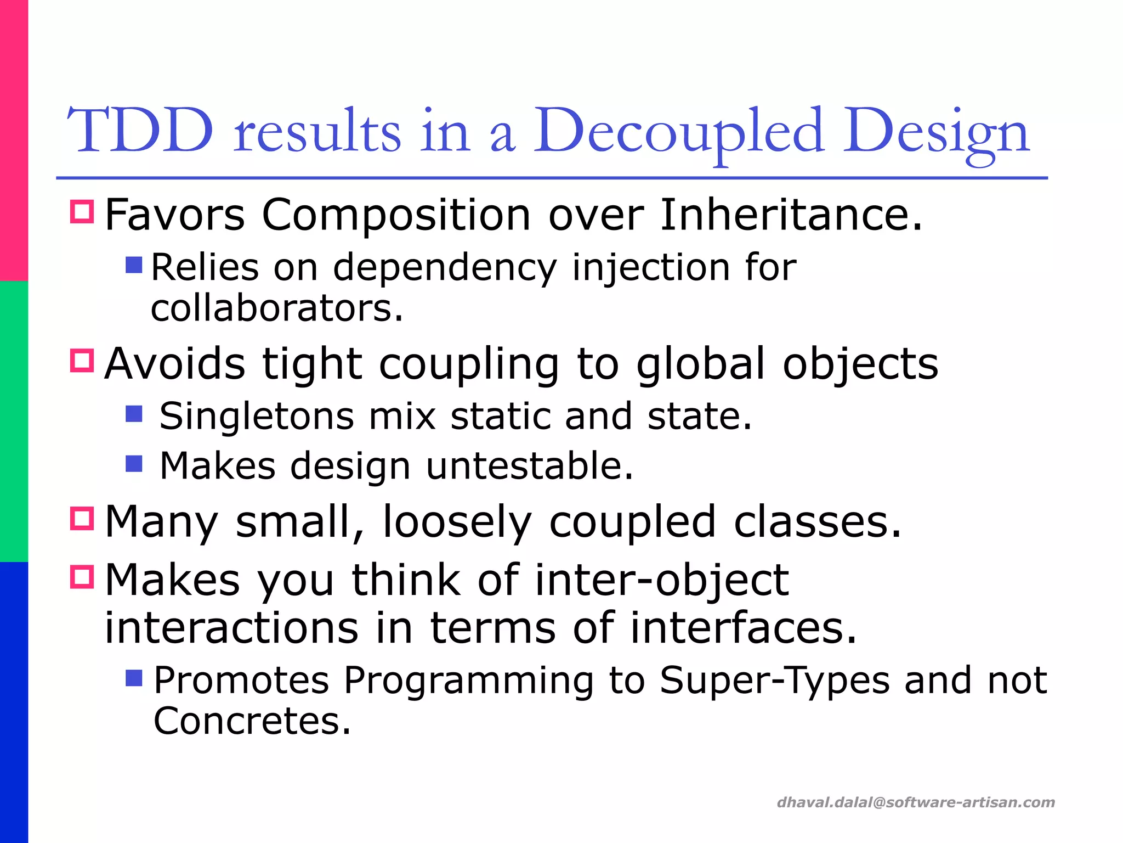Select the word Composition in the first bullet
pos(396,215)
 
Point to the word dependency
pos(445,268)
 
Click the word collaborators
pos(277,308)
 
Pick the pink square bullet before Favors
pos(82,211)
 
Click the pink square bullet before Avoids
pos(82,361)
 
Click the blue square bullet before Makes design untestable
pos(134,464)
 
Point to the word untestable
pos(529,467)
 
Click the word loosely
pos(457,522)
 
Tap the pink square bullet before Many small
pos(82,518)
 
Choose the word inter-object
pos(661,580)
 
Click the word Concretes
pos(252,721)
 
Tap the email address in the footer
pos(915,802)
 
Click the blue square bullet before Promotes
pos(134,678)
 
